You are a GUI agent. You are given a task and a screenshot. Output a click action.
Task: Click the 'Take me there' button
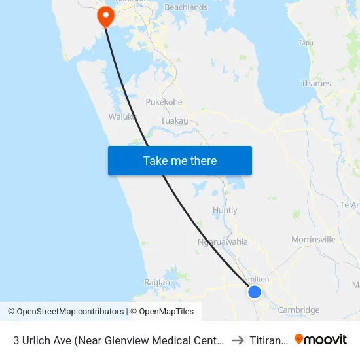coord(180,160)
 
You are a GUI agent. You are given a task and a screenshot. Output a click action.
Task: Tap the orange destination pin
coord(105,16)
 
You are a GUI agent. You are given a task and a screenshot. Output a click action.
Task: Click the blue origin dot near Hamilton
coord(255,292)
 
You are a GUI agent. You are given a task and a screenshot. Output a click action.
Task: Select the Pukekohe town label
coord(164,102)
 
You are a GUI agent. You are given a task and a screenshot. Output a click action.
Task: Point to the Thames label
coord(315,83)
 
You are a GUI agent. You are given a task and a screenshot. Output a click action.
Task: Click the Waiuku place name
coord(122,117)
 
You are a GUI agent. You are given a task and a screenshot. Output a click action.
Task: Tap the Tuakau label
coord(174,121)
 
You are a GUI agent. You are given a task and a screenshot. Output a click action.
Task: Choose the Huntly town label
coord(225,210)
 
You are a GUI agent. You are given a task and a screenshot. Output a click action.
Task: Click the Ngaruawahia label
coord(223,242)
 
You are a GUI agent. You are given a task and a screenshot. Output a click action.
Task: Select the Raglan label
coord(157,283)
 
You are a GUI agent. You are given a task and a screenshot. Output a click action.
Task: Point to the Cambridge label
coord(298,310)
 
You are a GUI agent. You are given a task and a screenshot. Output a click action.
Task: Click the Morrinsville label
coord(313,239)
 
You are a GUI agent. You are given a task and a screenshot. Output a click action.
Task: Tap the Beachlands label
coord(186,7)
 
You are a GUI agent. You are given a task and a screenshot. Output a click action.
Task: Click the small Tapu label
coord(306,43)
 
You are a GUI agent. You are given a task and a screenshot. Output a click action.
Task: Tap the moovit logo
coord(321,339)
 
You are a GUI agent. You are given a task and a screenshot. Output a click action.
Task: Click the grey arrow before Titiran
coord(237,340)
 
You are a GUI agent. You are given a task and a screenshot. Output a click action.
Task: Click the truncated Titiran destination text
coord(268,340)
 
